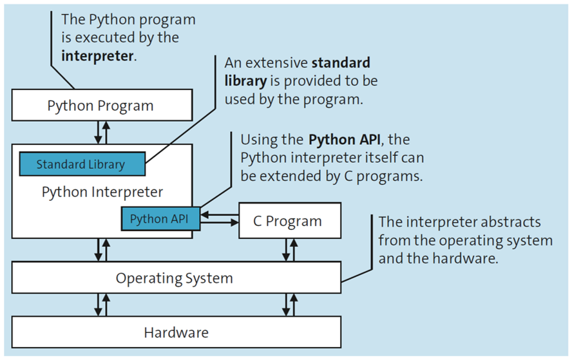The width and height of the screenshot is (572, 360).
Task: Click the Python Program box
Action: coord(101,106)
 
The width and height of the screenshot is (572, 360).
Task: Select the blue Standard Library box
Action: coord(81,164)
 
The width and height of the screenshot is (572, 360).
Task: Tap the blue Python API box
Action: coord(159,219)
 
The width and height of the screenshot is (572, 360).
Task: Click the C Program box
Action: coord(287,221)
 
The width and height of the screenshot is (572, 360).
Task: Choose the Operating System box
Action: coord(175,278)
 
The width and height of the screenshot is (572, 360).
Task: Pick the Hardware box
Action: coord(175,332)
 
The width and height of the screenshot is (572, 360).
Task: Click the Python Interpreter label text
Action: coord(102,192)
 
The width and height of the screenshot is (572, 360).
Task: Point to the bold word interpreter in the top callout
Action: coord(97,55)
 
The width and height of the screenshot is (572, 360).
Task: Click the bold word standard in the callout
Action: coord(341,63)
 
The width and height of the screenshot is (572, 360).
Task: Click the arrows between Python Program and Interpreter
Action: coord(102,131)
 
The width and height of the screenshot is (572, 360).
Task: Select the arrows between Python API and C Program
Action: coord(219,219)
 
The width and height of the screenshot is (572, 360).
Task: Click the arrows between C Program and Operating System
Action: coord(290,250)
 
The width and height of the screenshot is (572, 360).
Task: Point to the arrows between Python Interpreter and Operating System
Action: coord(102,250)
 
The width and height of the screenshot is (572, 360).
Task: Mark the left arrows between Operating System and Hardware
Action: coord(102,305)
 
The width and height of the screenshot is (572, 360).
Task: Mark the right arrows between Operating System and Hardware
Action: coord(290,305)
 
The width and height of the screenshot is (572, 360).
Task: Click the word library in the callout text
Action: coord(245,81)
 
